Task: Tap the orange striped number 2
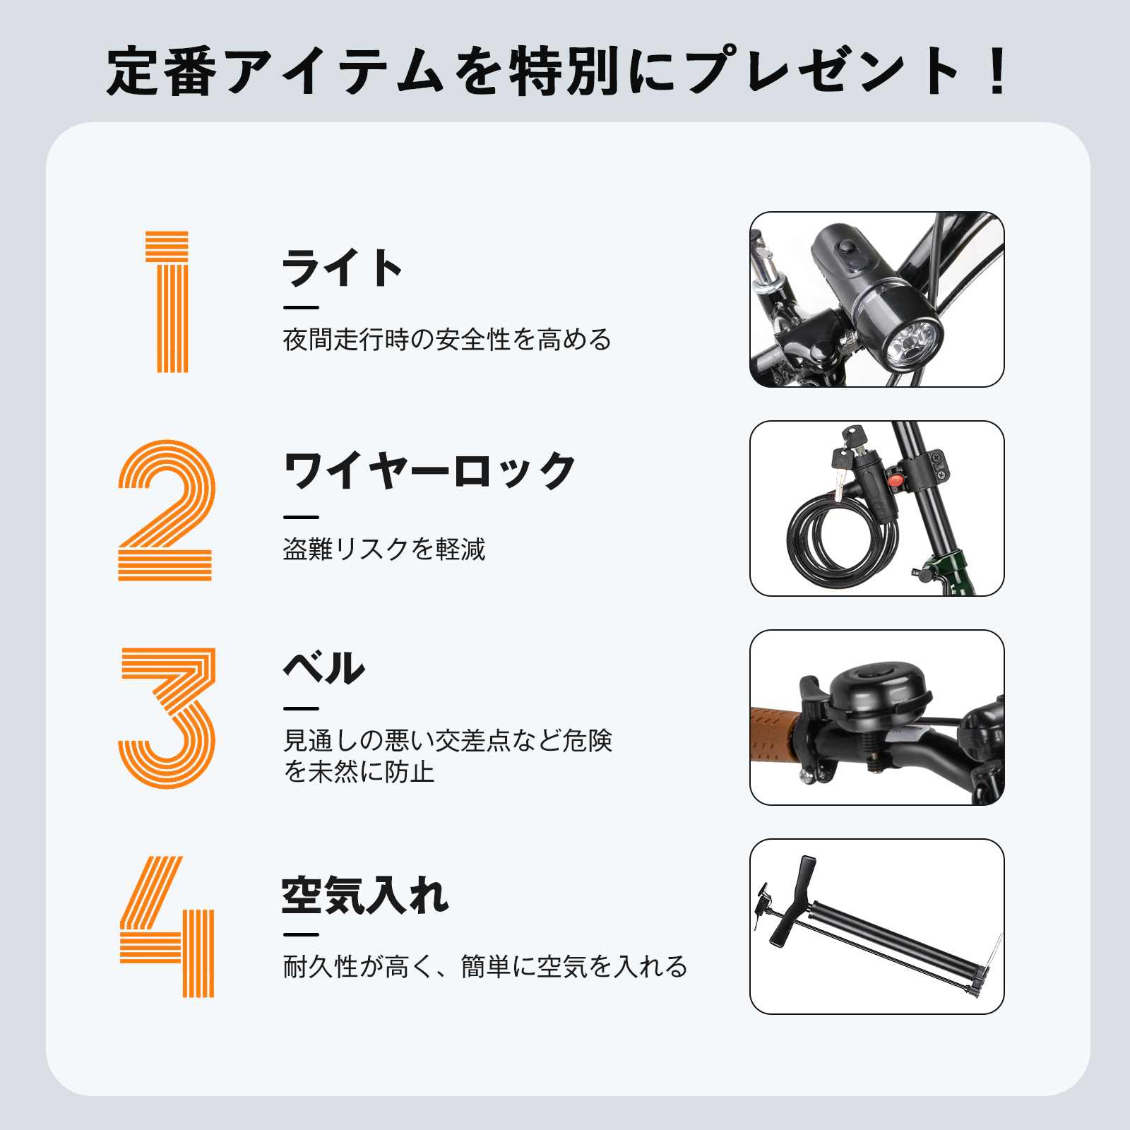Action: (x=167, y=510)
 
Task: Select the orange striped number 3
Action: (x=167, y=718)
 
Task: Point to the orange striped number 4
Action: (x=167, y=927)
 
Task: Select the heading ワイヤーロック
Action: (x=429, y=471)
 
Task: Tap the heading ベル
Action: (x=324, y=667)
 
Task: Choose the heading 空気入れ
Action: (x=365, y=896)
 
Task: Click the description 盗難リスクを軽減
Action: (x=384, y=549)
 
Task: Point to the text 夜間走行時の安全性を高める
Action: (x=447, y=340)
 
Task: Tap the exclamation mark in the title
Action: (x=998, y=71)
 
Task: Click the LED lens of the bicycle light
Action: (x=915, y=344)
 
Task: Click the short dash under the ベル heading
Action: (x=301, y=708)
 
